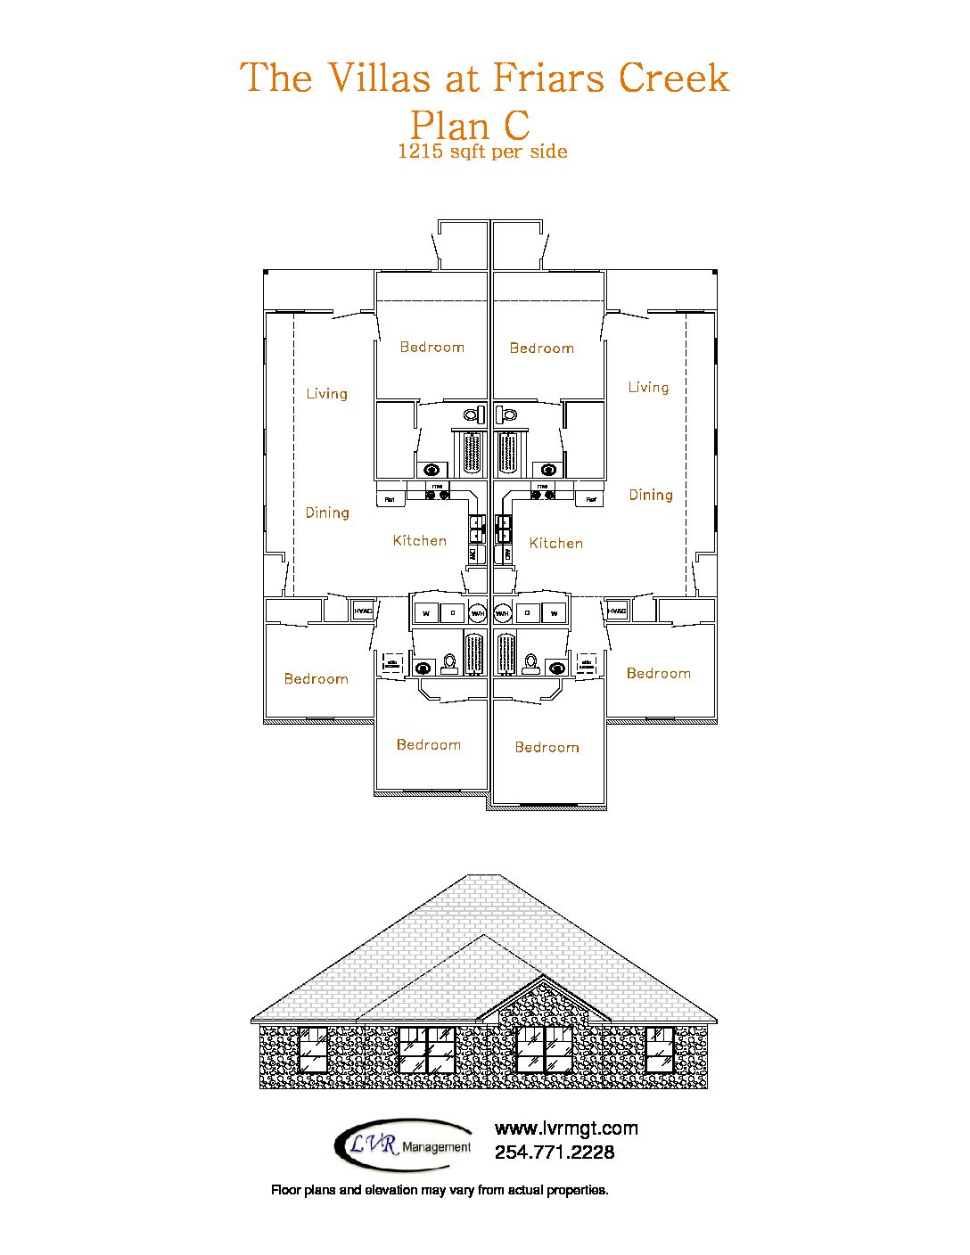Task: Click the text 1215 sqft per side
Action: pyautogui.click(x=482, y=152)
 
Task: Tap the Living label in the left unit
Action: pyautogui.click(x=326, y=393)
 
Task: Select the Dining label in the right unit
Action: pyautogui.click(x=651, y=495)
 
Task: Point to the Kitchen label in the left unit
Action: pyautogui.click(x=420, y=540)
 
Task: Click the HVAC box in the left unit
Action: pyautogui.click(x=363, y=611)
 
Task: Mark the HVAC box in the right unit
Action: pyautogui.click(x=617, y=611)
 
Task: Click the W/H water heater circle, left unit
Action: pyautogui.click(x=479, y=612)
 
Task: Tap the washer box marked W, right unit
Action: pyautogui.click(x=554, y=612)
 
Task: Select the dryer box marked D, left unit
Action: pyautogui.click(x=452, y=612)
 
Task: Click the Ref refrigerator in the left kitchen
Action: pyautogui.click(x=390, y=498)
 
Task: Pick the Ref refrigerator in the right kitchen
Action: pyautogui.click(x=589, y=498)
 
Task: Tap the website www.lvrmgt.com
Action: pyautogui.click(x=566, y=1128)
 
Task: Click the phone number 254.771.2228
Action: pyautogui.click(x=555, y=1152)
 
